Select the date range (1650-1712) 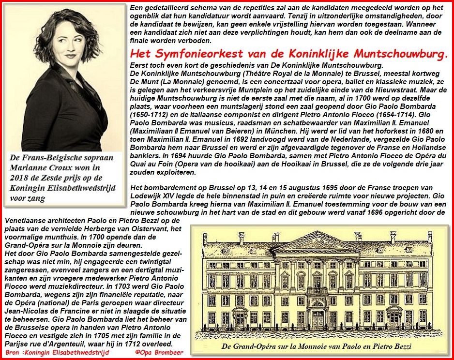(155, 117)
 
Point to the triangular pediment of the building (317, 241)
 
